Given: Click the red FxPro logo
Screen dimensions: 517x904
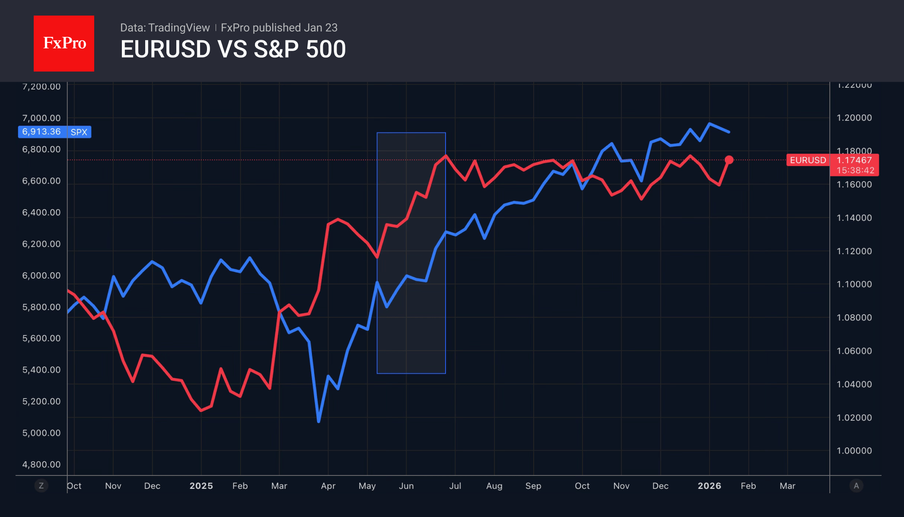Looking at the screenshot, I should coord(64,43).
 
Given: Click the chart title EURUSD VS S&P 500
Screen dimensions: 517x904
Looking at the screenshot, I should coord(233,49).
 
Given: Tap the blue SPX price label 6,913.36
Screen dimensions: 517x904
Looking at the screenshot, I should coord(42,132).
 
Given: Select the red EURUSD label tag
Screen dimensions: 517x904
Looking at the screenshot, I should coord(808,160).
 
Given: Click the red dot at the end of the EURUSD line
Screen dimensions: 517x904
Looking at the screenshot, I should coord(729,160).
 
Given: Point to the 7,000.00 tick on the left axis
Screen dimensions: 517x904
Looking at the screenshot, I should coord(41,118).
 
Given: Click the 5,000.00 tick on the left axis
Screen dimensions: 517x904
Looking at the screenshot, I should coord(41,433).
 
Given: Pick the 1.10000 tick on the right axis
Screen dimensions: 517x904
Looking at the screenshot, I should coord(854,284).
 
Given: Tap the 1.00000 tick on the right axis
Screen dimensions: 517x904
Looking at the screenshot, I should coord(854,451).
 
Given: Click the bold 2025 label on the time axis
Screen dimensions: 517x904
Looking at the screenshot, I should coord(201,486).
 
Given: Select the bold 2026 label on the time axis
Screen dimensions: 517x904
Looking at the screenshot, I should coord(709,486).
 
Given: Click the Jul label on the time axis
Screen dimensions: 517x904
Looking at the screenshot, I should coord(455,486).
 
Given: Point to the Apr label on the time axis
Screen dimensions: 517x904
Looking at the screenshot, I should coord(328,486).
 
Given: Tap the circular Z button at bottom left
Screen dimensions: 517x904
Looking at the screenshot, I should coord(41,486).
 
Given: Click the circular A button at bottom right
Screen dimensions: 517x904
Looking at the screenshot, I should coord(856,486).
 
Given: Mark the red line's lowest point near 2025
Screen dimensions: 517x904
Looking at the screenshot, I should coord(201,410).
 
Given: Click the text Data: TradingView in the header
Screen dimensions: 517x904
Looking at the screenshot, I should coord(165,28).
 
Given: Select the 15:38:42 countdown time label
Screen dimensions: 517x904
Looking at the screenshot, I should coord(855,170).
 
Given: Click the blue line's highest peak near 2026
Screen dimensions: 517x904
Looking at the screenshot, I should coord(710,124).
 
